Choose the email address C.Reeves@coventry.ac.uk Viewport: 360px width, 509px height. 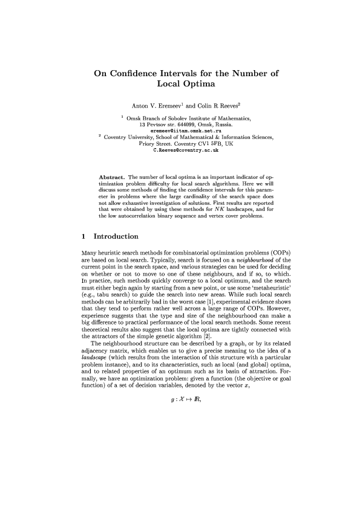[x=179, y=149]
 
